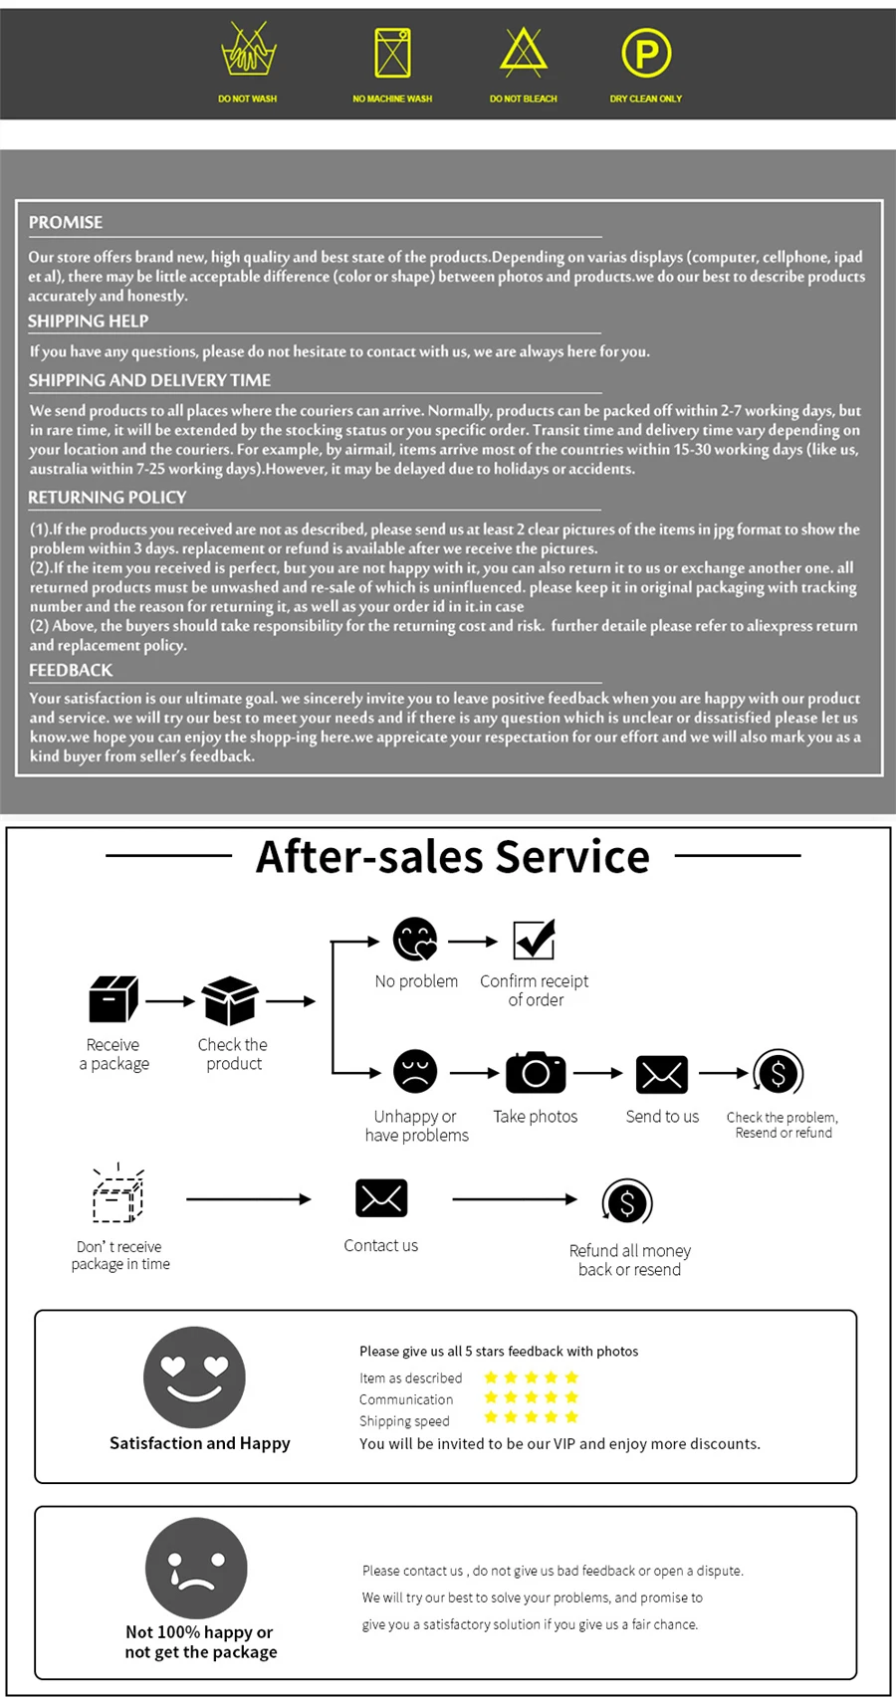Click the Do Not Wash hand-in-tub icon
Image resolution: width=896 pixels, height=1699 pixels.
click(248, 52)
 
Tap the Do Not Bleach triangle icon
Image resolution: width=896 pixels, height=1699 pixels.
click(524, 53)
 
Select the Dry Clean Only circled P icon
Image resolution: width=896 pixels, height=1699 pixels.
click(646, 53)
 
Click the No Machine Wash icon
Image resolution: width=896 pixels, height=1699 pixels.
click(392, 53)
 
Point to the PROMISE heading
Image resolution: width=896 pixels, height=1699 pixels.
click(66, 223)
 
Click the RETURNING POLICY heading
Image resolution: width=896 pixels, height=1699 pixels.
click(108, 498)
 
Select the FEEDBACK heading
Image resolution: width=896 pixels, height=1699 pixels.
click(71, 671)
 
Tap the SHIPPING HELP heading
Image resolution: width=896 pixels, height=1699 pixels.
click(89, 321)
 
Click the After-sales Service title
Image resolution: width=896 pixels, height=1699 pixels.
click(453, 856)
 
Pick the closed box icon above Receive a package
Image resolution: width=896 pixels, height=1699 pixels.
click(113, 999)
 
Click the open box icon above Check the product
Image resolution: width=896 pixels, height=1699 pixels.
click(230, 1000)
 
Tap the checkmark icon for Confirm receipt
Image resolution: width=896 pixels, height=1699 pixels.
click(534, 940)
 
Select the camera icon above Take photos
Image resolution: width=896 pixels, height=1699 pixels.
click(536, 1072)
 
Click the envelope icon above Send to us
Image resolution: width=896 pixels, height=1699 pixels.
click(662, 1074)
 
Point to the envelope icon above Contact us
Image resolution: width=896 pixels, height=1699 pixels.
click(381, 1198)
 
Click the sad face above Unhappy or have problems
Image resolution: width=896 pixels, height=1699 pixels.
click(415, 1072)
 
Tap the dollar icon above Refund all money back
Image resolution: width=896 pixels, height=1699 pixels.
click(627, 1203)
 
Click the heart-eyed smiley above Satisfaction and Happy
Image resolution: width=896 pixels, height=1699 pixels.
click(194, 1378)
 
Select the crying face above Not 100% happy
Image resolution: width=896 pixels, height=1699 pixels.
click(196, 1568)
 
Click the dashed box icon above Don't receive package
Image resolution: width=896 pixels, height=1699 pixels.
click(118, 1194)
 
